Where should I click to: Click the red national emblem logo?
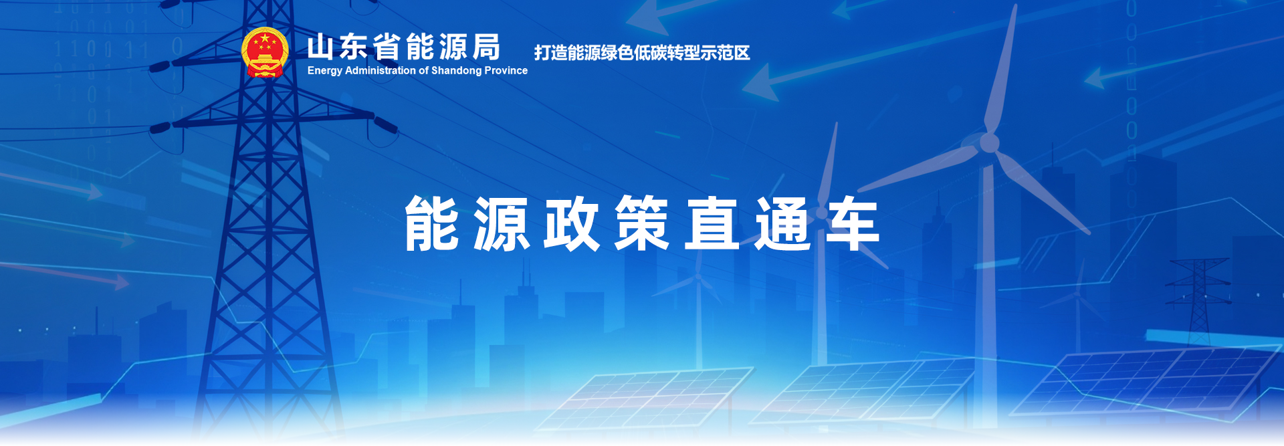[265, 52]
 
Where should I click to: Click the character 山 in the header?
[320, 47]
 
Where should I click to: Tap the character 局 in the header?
[486, 47]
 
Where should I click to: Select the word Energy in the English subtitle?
[325, 71]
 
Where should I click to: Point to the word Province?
[506, 70]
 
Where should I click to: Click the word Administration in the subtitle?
[381, 70]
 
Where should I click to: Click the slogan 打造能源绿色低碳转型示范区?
[642, 53]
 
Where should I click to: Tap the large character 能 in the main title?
[432, 224]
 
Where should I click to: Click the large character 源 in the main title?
[502, 224]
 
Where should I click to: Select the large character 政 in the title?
[572, 224]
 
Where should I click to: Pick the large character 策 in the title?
[642, 224]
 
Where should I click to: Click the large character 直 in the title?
[712, 224]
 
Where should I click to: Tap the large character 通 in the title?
[782, 224]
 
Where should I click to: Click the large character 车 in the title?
[853, 224]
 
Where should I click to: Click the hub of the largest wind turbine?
[989, 142]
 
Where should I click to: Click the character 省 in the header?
[387, 47]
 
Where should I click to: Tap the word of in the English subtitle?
[423, 70]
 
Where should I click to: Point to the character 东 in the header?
[354, 47]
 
